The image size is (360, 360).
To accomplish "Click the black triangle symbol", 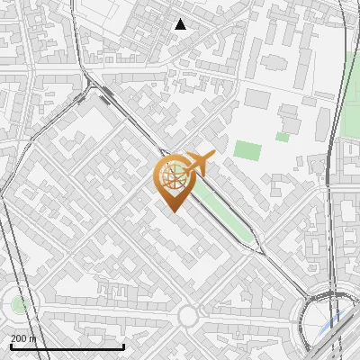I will coord(181,24).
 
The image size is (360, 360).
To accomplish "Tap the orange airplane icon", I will coord(199,165).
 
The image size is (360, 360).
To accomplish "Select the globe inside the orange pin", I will coord(174,176).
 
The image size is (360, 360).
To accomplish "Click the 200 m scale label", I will coord(24,338).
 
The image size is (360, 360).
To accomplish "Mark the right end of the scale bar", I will coord(123,346).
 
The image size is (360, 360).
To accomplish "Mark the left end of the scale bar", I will coord(11,346).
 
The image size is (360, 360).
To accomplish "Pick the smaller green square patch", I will coord(283,137).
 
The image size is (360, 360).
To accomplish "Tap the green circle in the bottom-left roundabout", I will coord(19,304).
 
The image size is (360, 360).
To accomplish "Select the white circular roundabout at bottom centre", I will coord(187,316).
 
